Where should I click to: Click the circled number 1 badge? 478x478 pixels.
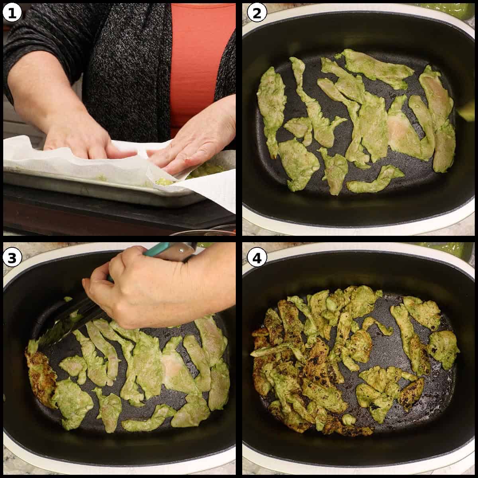(12, 13)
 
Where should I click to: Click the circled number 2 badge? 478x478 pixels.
(257, 13)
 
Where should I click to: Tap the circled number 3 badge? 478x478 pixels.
(12, 258)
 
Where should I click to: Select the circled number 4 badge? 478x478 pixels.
(257, 258)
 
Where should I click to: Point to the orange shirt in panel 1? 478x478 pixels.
(198, 62)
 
